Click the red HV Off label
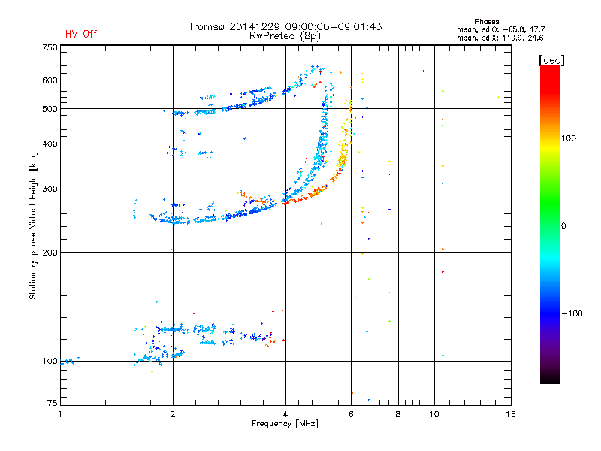click(x=81, y=34)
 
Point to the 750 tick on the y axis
click(x=50, y=47)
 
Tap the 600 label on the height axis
click(x=50, y=80)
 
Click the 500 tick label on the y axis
click(x=50, y=109)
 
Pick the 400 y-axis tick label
click(x=50, y=144)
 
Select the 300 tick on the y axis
click(x=50, y=189)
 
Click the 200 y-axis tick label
click(x=50, y=252)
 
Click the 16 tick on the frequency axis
click(x=510, y=414)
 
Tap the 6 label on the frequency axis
click(x=351, y=414)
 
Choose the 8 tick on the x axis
click(x=398, y=414)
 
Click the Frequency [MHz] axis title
click(x=285, y=424)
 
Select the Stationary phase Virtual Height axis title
click(x=33, y=225)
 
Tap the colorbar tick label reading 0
click(x=564, y=225)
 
